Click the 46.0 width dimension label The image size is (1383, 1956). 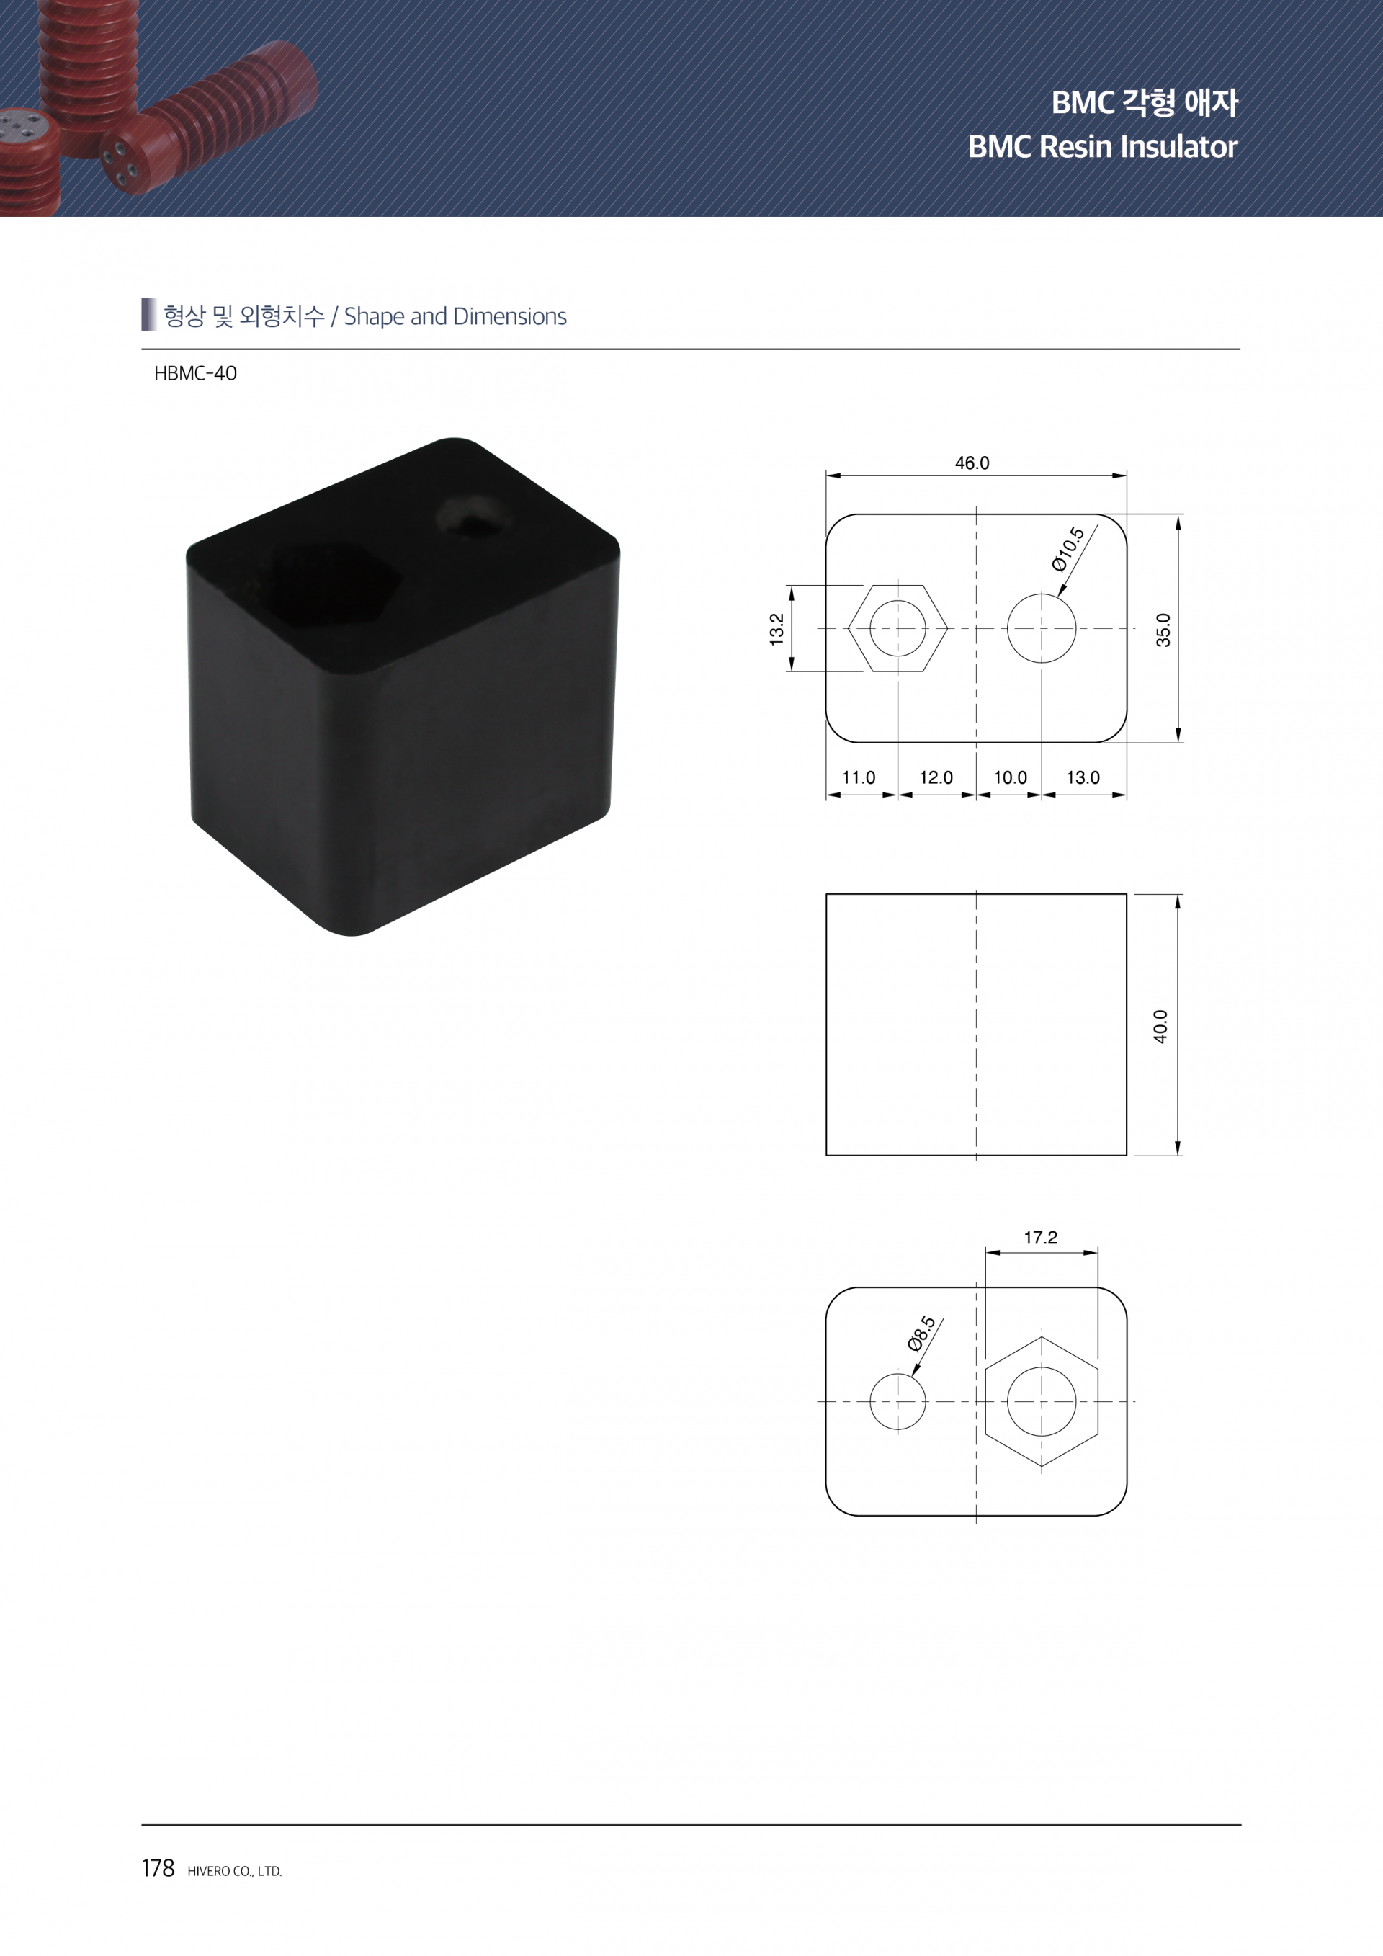pos(972,463)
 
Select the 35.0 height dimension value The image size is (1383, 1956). pos(1163,630)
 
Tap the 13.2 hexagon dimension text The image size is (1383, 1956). pos(776,629)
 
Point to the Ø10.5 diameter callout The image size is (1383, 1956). pos(1068,549)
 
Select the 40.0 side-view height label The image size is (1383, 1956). pos(1160,1026)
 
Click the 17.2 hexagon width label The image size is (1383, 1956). pos(1041,1237)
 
